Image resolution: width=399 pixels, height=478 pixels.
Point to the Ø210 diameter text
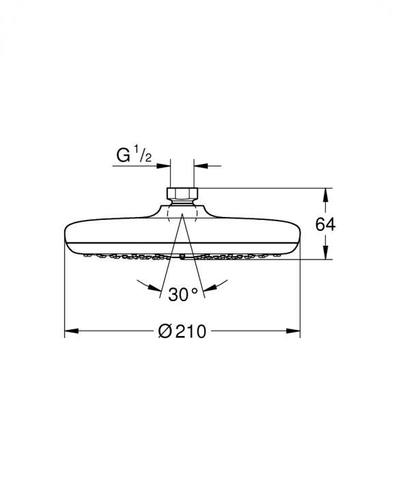coord(182,333)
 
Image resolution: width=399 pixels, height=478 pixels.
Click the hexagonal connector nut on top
coord(182,193)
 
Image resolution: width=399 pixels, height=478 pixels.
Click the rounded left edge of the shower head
coord(67,239)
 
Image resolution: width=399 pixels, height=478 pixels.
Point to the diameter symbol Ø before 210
coord(164,333)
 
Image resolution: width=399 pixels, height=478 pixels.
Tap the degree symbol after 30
coord(194,290)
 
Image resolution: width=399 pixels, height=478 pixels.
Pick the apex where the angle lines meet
coord(182,213)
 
